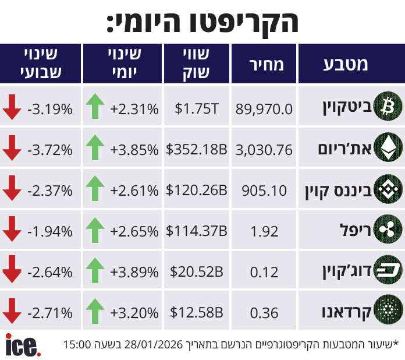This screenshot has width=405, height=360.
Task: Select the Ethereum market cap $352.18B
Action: [x=196, y=150]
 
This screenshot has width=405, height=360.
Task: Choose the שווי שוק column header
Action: [x=196, y=64]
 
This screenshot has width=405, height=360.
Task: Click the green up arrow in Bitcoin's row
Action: [x=95, y=108]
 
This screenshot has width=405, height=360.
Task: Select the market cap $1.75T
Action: [x=196, y=108]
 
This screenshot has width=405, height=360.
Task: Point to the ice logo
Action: [x=23, y=345]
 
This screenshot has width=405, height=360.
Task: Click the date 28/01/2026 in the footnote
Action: [x=155, y=344]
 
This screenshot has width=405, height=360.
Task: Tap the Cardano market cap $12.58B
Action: [x=196, y=313]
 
